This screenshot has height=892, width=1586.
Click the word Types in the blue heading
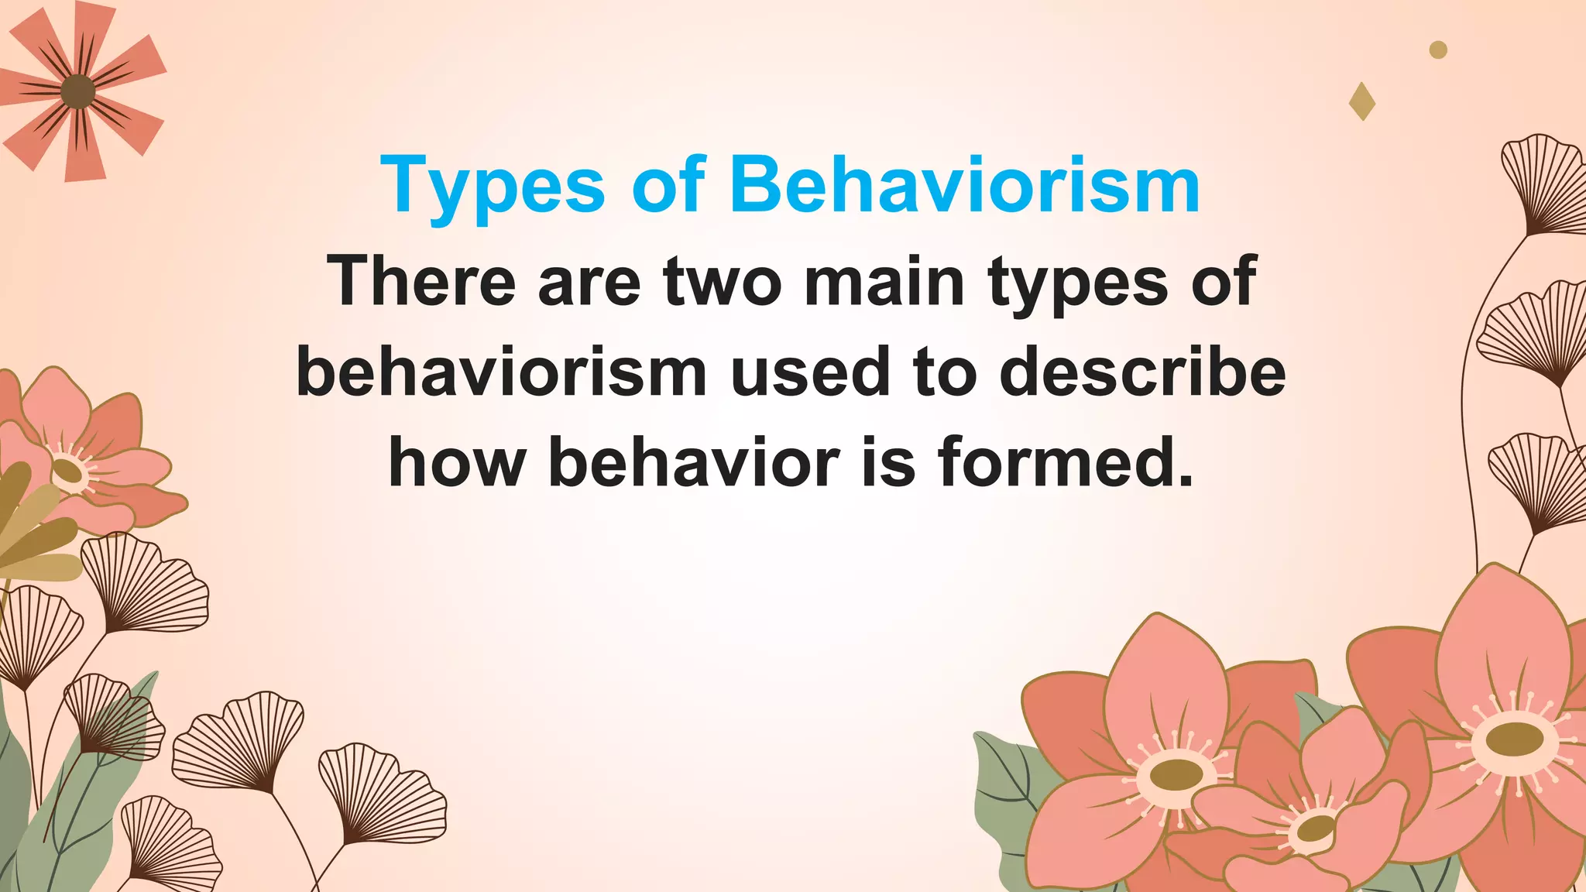493,187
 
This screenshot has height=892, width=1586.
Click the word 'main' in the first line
884,282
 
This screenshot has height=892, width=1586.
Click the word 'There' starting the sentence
421,282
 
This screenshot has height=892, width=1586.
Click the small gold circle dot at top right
1438,50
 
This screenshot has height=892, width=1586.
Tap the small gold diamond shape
1362,101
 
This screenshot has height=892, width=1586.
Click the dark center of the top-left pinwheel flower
77,92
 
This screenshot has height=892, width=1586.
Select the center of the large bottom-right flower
1514,738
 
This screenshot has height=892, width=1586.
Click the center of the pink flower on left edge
68,470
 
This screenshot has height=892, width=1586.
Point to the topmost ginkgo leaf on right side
1541,182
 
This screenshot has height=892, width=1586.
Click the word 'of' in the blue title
668,187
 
